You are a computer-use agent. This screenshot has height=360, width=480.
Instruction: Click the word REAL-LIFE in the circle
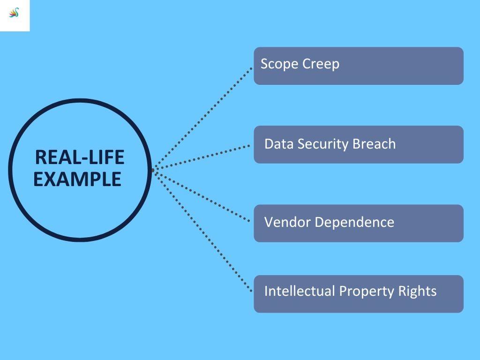tap(80, 157)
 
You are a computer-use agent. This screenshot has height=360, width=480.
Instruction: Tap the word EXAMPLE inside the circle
tap(77, 180)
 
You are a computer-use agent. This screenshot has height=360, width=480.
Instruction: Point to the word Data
tap(277, 143)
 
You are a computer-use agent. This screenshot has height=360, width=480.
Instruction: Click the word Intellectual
tap(300, 291)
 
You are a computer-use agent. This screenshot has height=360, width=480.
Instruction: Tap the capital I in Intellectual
tap(266, 291)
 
